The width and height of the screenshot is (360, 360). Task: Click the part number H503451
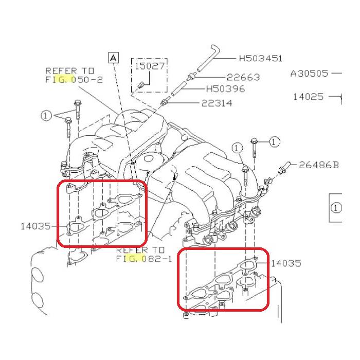261,59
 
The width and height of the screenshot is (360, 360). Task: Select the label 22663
243,77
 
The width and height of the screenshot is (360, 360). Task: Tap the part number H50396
225,89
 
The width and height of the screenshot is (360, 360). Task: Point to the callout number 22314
217,103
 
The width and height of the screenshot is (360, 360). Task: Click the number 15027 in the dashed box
147,66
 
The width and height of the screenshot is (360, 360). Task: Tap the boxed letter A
114,57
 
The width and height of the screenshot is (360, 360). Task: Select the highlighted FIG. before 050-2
56,80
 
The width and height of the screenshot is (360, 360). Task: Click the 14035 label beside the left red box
35,225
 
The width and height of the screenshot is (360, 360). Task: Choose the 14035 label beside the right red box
286,263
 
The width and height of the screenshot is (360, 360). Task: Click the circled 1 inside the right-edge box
336,208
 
